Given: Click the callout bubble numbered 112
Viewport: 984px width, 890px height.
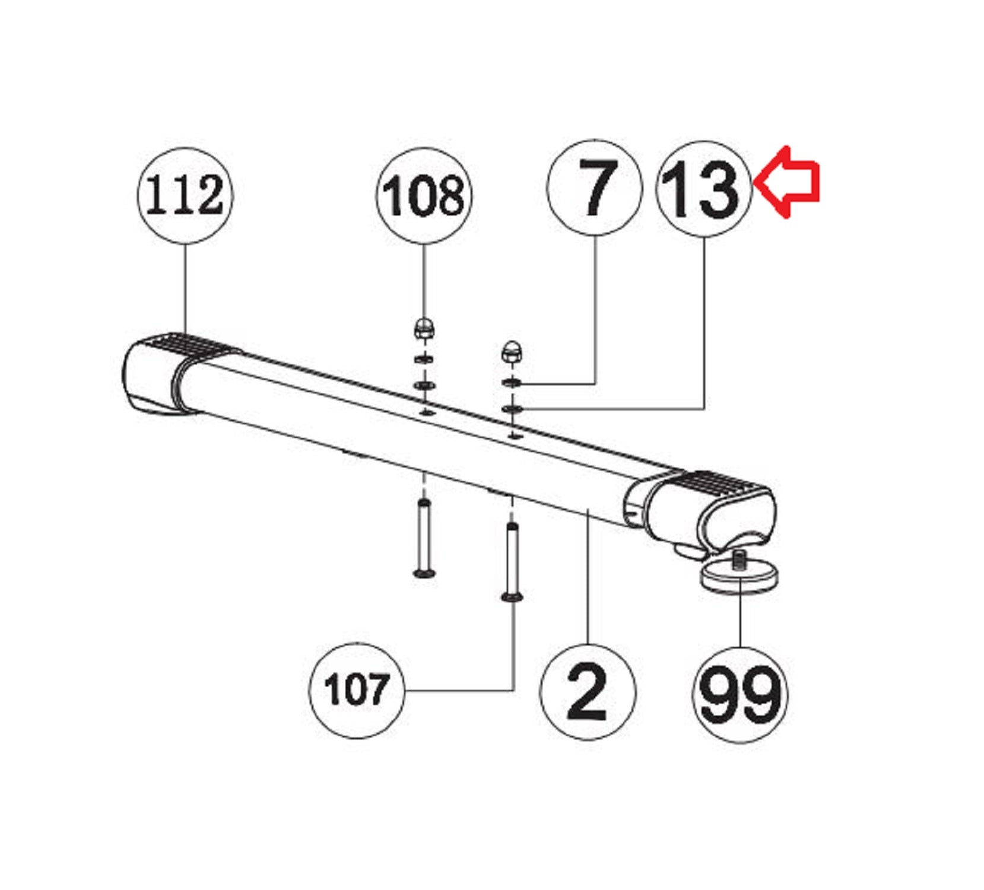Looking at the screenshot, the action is (185, 195).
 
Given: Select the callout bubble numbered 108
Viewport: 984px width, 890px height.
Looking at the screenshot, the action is (424, 195).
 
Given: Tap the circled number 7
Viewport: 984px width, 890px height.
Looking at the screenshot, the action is (595, 188).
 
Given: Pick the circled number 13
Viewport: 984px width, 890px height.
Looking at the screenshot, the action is (704, 189).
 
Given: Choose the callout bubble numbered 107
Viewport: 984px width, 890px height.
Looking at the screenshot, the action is (357, 690).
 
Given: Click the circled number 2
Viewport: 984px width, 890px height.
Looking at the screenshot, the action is (588, 692).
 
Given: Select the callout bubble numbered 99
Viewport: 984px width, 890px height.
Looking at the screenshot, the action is (740, 694).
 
